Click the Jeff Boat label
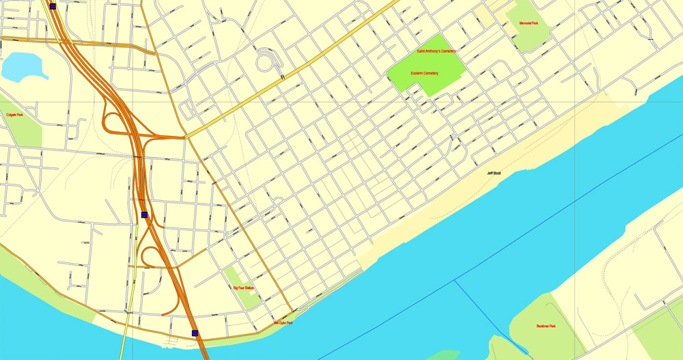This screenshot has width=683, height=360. coord(494,173)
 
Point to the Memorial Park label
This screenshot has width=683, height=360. coord(529,23)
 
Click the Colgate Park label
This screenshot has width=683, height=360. coord(15,115)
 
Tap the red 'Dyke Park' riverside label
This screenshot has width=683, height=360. coord(283,322)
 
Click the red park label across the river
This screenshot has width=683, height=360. coord(546,326)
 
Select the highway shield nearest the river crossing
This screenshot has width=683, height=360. coord(195,333)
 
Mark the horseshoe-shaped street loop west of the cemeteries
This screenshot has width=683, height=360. coord(268,60)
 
